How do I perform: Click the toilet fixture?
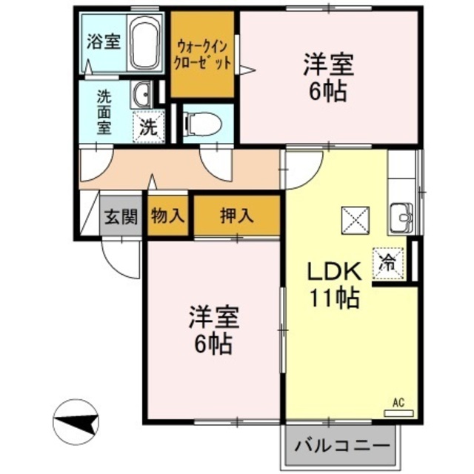click(x=200, y=123)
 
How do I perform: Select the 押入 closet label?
click(x=237, y=216)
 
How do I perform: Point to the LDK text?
click(x=333, y=271)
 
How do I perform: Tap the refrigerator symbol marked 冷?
click(x=387, y=261)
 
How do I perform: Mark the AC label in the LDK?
click(x=398, y=403)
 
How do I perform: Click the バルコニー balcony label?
click(x=342, y=447)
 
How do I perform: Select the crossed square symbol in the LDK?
click(x=353, y=219)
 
